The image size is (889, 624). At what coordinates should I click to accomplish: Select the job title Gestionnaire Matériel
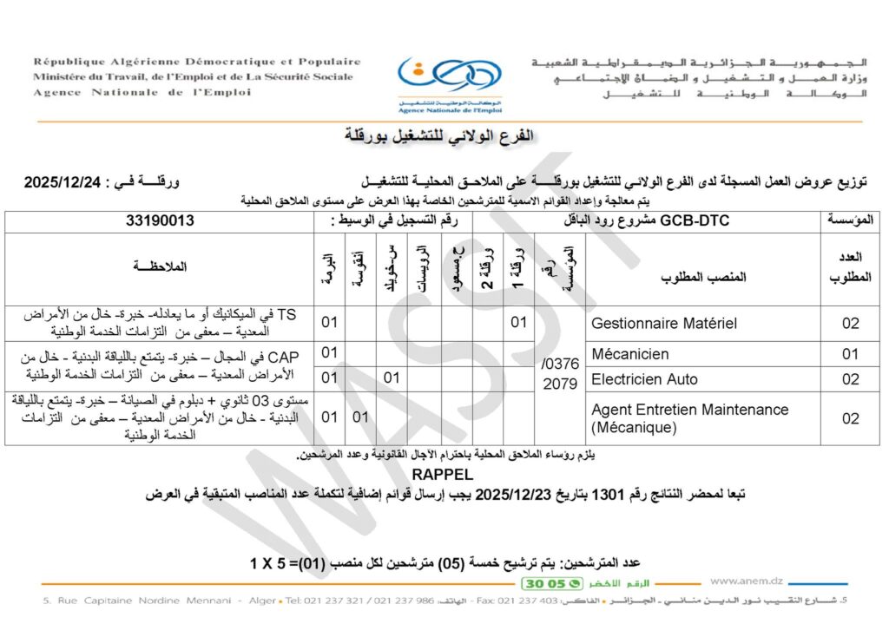pos(663,324)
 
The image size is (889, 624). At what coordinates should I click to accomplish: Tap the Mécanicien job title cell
pos(630,354)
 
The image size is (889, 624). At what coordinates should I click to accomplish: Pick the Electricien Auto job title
pos(644,379)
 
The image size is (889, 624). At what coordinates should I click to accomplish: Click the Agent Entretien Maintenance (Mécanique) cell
pos(689,418)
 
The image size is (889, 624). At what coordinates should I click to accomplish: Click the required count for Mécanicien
pos(850,354)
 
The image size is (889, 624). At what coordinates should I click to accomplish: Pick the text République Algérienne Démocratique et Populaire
pos(197,62)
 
